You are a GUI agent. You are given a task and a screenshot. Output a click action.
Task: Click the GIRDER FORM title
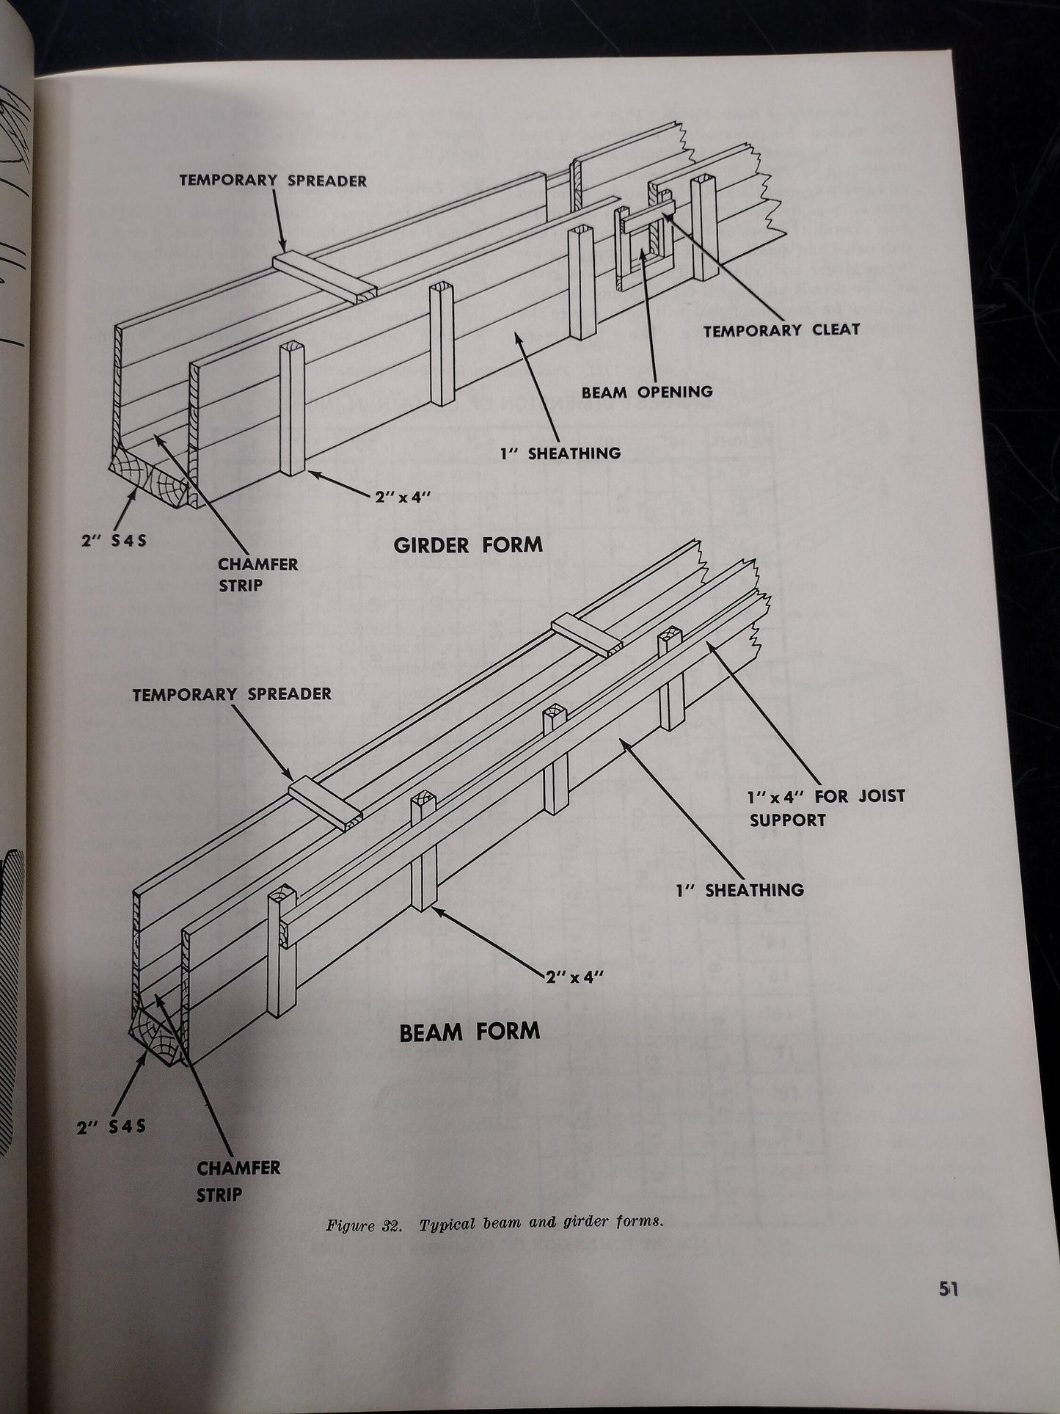tap(468, 545)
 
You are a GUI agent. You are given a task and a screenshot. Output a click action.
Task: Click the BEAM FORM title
tap(469, 1032)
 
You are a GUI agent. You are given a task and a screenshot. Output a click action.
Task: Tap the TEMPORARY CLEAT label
tap(781, 330)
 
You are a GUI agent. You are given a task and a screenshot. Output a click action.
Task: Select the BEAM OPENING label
tap(647, 392)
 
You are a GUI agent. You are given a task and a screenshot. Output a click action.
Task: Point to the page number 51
tap(948, 1310)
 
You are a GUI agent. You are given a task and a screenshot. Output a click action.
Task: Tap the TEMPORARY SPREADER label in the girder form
tap(274, 181)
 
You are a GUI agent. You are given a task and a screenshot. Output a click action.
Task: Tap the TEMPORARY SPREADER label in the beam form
tap(232, 694)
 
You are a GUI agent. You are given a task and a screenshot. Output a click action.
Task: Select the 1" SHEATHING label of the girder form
tap(560, 453)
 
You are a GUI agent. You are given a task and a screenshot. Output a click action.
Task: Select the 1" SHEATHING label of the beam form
tap(739, 891)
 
